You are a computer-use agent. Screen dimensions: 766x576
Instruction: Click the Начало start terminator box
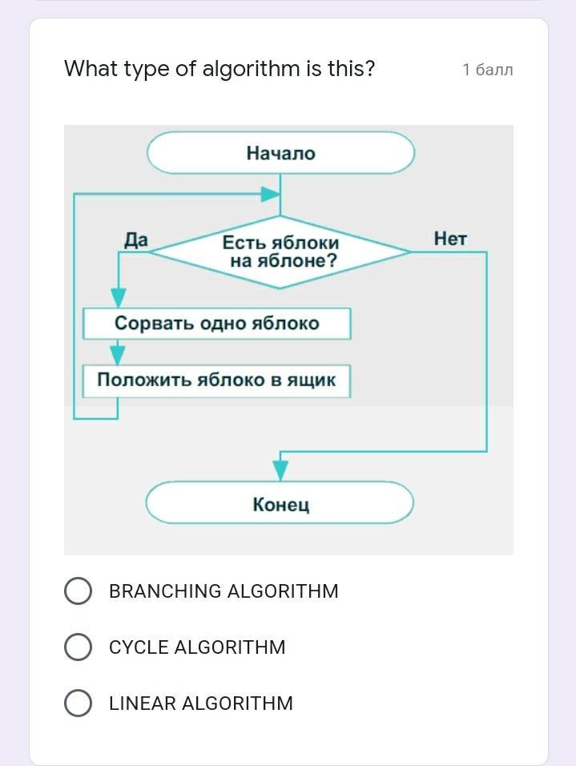280,153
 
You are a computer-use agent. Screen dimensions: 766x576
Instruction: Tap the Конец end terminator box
280,503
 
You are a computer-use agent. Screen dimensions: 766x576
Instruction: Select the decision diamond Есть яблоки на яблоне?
280,252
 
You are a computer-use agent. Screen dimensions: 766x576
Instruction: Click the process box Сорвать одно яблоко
216,324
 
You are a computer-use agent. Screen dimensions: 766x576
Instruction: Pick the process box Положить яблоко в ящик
216,380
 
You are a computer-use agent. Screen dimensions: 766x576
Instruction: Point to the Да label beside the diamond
136,240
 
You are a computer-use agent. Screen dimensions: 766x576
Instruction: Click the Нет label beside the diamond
450,238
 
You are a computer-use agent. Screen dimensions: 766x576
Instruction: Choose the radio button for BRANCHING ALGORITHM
78,591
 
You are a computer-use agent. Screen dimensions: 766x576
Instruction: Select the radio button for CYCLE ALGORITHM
78,647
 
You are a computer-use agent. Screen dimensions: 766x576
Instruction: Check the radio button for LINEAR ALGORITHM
78,704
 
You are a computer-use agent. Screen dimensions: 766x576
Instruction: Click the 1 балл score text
487,70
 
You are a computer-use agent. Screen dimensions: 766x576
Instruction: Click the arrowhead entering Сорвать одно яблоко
119,299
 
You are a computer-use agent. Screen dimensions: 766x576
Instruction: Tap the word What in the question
91,69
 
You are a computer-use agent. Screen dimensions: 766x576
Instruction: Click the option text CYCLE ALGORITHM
197,647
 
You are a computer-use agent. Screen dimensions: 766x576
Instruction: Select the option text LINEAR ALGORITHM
201,704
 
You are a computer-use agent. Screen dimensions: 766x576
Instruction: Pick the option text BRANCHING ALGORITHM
224,591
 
